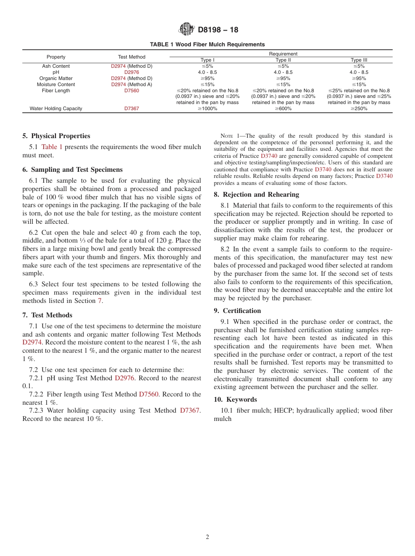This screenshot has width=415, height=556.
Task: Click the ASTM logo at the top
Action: pos(187,29)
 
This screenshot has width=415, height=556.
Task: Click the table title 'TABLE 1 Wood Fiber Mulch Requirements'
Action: pos(207,45)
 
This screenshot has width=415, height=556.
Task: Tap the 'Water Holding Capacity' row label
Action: pos(56,108)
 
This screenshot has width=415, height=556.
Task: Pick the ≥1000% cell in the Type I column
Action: pos(208,108)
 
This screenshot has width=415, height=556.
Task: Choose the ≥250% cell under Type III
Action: pos(359,108)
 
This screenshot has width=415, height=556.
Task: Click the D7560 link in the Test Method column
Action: pos(131,90)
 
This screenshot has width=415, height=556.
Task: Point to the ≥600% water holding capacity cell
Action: pos(283,108)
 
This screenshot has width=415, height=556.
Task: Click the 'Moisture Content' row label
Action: pos(56,84)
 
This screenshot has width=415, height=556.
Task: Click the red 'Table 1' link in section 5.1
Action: pos(52,147)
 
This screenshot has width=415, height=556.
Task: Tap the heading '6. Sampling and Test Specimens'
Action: pos(73,170)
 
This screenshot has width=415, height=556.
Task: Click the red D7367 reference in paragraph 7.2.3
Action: pos(190,410)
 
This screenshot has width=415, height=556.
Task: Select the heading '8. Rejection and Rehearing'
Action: pos(256,195)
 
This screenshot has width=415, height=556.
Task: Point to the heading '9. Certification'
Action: pos(237,311)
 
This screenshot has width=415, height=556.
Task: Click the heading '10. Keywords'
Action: pos(235,400)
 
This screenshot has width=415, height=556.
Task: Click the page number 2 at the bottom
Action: pos(207,537)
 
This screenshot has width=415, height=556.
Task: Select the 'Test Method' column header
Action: pos(131,57)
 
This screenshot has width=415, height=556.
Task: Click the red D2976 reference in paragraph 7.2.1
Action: pos(125,378)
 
